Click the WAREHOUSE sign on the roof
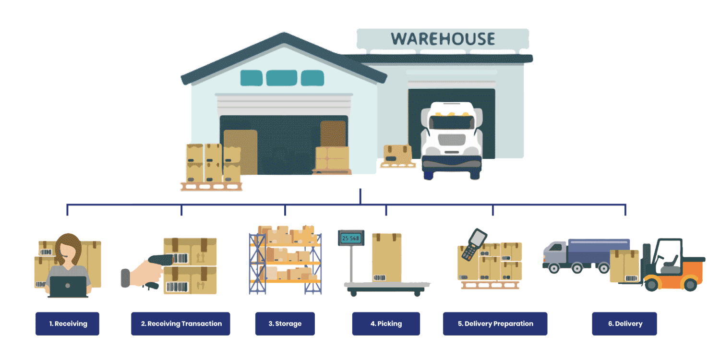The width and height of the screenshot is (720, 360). point(442,39)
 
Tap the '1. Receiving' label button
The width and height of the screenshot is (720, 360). point(67,324)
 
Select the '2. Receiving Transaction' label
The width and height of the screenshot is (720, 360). point(180,324)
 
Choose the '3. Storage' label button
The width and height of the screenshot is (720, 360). point(285,324)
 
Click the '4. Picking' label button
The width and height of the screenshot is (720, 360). point(386,324)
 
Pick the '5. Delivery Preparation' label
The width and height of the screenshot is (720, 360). point(495,324)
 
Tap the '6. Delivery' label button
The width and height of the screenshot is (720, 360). point(624,324)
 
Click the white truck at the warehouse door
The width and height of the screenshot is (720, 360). point(451,139)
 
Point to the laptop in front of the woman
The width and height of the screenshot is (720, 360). point(68,287)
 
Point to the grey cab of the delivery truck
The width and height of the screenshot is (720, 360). point(554,254)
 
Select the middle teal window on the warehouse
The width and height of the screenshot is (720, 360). point(281,78)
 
